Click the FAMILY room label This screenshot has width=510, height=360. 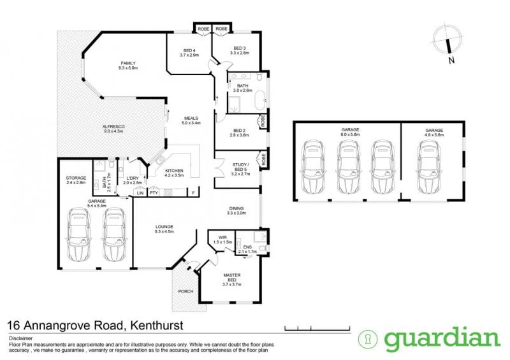point(128,66)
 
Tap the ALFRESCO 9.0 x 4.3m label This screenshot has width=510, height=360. point(113,129)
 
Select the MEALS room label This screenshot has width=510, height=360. point(191,120)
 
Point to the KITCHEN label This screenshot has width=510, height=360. point(174,173)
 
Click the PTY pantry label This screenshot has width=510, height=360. point(154,193)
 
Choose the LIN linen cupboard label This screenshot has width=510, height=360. point(140,193)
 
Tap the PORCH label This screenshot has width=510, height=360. point(186,291)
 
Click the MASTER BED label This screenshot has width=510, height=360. point(232,280)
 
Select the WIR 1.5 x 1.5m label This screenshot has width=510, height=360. point(222,240)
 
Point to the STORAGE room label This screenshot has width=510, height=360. point(76,180)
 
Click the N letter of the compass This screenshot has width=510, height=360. point(451,60)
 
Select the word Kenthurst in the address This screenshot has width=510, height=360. point(157,325)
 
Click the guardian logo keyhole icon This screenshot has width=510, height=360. point(368,339)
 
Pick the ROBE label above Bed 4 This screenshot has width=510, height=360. point(203,29)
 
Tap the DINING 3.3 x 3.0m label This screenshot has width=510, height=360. point(236,211)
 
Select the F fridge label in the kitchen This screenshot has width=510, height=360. point(193,193)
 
